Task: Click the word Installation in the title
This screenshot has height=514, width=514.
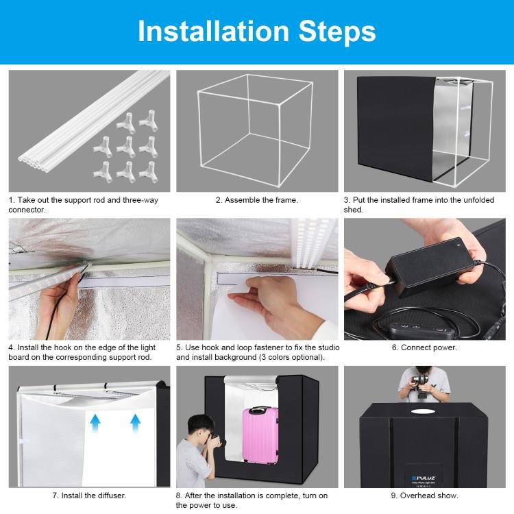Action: click(x=213, y=31)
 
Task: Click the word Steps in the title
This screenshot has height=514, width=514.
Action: click(x=337, y=32)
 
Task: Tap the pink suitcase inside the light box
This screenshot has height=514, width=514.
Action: click(x=260, y=435)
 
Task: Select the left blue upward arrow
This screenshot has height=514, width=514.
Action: click(x=95, y=424)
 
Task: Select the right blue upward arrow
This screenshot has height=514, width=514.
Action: click(x=136, y=424)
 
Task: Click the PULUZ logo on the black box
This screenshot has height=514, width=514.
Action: click(x=424, y=478)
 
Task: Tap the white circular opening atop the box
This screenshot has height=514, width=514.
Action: click(x=424, y=411)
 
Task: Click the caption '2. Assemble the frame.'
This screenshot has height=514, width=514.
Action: click(x=257, y=200)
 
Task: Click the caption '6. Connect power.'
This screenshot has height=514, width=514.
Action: click(x=424, y=347)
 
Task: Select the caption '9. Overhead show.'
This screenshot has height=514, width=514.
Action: click(x=424, y=495)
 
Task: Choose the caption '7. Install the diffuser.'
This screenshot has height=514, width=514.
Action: click(x=89, y=495)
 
